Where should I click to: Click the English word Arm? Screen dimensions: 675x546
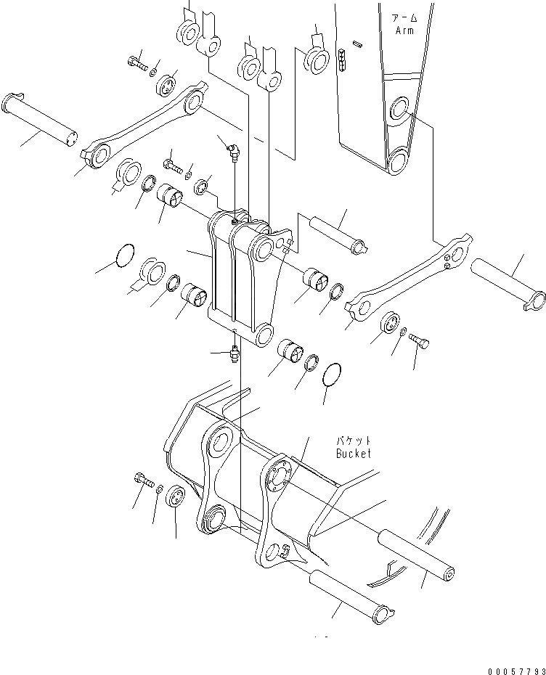tap(404, 30)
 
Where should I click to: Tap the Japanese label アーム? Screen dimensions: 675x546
tap(403, 18)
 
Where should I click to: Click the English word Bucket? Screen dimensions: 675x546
tap(353, 454)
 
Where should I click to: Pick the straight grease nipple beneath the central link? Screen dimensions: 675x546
tap(235, 353)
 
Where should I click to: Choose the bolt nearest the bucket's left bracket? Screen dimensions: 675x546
tap(142, 478)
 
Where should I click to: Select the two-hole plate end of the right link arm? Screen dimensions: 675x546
tap(455, 250)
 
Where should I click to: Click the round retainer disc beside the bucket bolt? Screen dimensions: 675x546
tap(176, 500)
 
